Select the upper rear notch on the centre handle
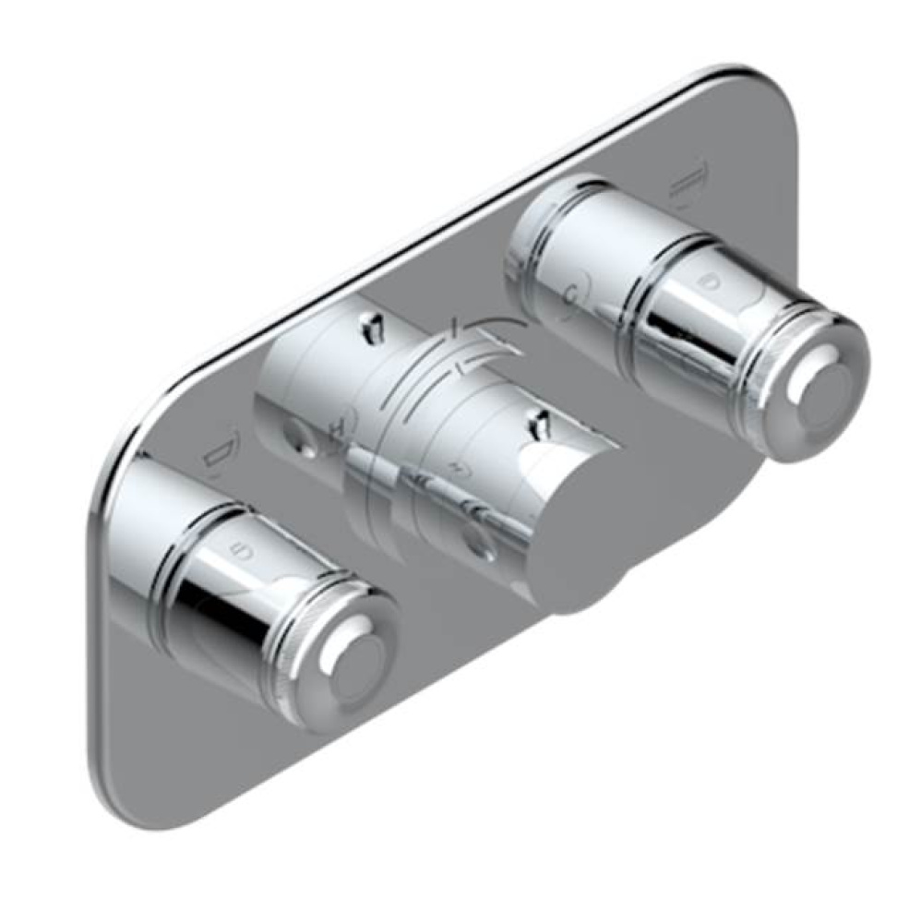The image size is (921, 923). [x=372, y=324]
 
